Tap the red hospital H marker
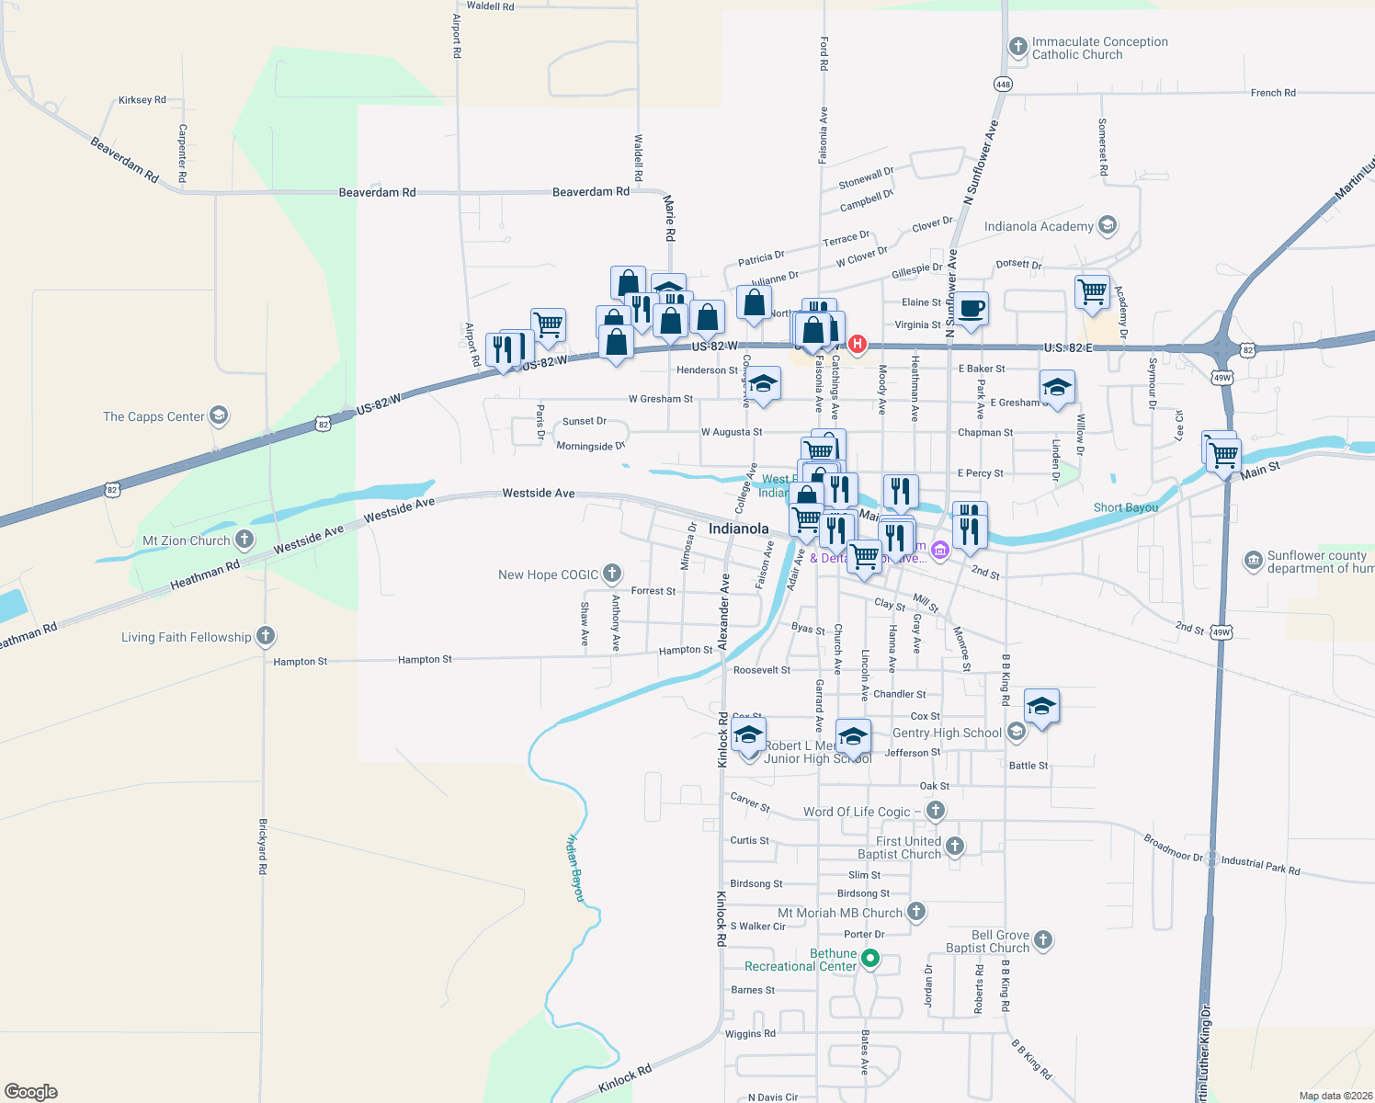pos(858,345)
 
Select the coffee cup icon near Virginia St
pos(971,308)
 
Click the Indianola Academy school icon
pos(1108,225)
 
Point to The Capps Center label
pos(153,416)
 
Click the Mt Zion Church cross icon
pos(244,540)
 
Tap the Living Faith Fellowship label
pos(186,637)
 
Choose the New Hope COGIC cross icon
pos(612,574)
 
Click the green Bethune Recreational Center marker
pos(869,959)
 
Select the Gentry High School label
pos(947,733)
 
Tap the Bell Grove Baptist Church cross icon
pos(1042,939)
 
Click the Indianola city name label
pos(738,529)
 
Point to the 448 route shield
pos(1003,84)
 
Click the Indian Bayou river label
pos(575,867)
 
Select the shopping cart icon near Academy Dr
pos(1092,292)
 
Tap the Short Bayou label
pos(1125,507)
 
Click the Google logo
pos(31,1091)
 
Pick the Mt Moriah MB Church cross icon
pos(915,912)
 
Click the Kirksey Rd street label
pos(142,100)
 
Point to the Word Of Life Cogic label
pos(857,812)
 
